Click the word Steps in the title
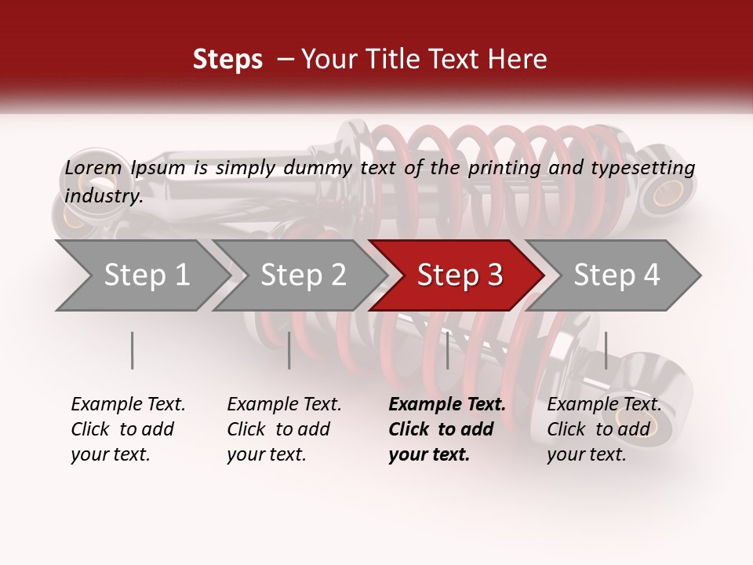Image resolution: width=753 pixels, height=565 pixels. tap(227, 60)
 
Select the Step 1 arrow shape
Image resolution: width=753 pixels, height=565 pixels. tap(141, 275)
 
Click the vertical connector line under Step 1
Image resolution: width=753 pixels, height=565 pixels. tap(132, 350)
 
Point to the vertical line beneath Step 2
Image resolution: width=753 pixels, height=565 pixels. tap(289, 350)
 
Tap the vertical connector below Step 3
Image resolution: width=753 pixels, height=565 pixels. tap(447, 350)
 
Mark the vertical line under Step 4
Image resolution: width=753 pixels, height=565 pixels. tap(606, 350)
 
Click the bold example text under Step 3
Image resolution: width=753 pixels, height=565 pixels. tap(446, 429)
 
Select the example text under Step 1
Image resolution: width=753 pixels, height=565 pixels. tap(127, 429)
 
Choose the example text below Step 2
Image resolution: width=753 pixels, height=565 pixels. tap(283, 429)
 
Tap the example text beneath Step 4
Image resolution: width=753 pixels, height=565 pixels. tap(603, 429)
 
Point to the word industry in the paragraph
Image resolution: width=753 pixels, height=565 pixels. tap(104, 196)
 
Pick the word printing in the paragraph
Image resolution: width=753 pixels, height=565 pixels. tap(504, 168)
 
